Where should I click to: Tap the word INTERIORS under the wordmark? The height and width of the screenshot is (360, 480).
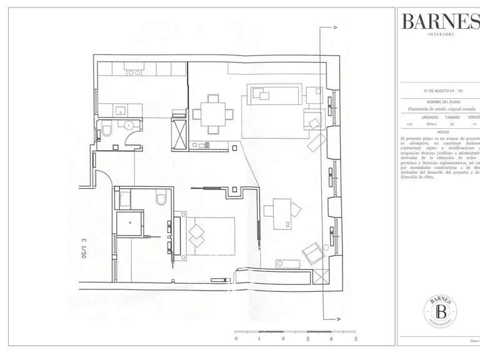click(x=441, y=34)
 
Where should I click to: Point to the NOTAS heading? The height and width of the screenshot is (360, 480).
click(x=443, y=132)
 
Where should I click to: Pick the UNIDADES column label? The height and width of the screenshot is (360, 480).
click(x=429, y=117)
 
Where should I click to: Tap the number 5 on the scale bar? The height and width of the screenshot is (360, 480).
click(x=356, y=338)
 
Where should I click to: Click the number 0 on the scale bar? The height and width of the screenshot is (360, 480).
click(x=236, y=338)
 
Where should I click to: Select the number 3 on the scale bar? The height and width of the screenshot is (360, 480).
click(x=307, y=338)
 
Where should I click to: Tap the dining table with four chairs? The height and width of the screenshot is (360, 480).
click(x=213, y=114)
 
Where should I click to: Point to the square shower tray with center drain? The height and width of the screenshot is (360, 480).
click(x=129, y=223)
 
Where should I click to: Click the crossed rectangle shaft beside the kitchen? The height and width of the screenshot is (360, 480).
click(x=179, y=134)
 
